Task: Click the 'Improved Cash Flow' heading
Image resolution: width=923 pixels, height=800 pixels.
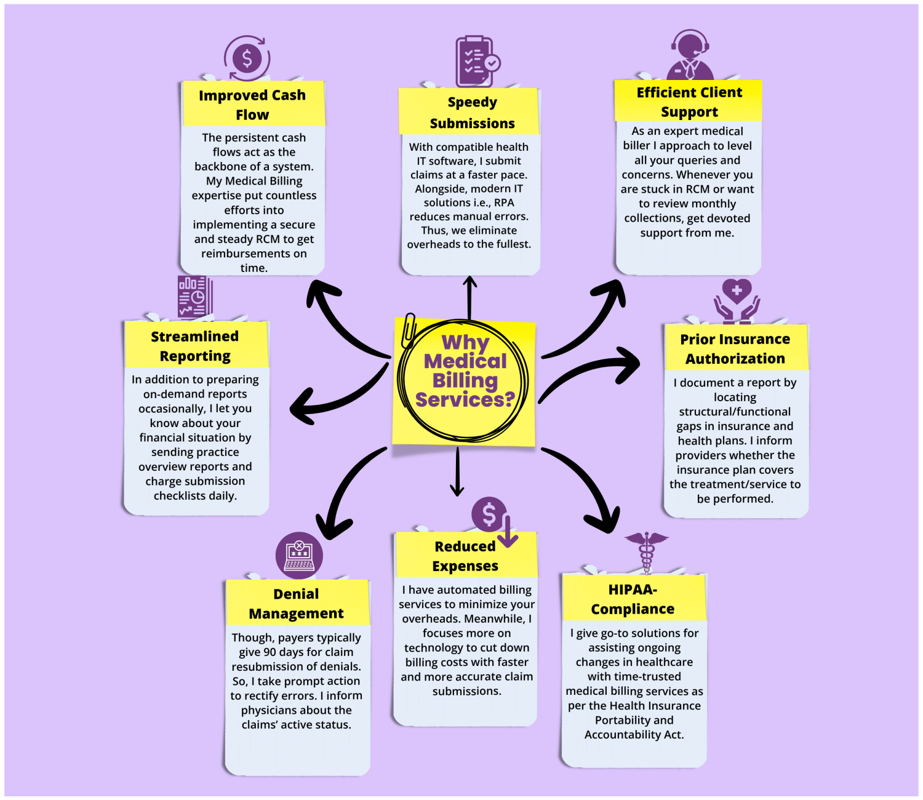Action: [252, 105]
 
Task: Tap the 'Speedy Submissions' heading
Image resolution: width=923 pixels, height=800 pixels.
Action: [472, 113]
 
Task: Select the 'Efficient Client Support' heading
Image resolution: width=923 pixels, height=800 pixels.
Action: [689, 102]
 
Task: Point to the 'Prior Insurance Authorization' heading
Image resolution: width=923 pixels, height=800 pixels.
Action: [735, 349]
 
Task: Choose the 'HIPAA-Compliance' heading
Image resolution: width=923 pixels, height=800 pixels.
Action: [633, 599]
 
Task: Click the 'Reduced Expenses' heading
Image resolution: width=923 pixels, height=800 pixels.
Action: [465, 556]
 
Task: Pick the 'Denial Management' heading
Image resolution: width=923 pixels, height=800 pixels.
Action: [296, 604]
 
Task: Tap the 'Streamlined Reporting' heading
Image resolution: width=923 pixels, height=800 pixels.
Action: [194, 346]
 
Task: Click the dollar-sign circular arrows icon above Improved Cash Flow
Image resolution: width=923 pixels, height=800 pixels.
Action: [247, 58]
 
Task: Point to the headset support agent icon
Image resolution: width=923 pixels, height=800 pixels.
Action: [690, 55]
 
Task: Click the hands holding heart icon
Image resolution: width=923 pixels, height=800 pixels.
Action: [737, 300]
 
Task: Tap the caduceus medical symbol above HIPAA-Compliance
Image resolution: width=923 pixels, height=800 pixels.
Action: [646, 552]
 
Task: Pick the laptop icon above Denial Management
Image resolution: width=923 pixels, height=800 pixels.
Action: [299, 555]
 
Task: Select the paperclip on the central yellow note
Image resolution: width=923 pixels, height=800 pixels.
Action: [408, 330]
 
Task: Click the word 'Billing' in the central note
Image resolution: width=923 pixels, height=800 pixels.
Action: [465, 380]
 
